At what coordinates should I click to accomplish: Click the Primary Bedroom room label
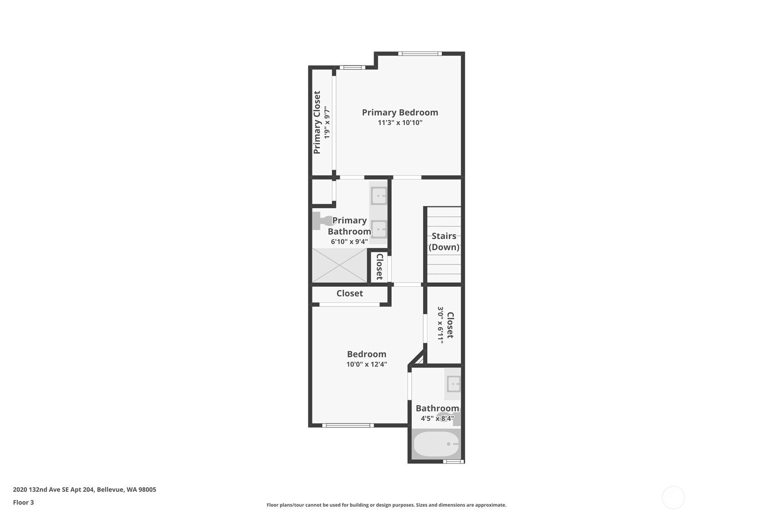pyautogui.click(x=400, y=112)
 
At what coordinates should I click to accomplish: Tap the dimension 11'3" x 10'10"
pyautogui.click(x=400, y=122)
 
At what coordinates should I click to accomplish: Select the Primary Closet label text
pyautogui.click(x=317, y=122)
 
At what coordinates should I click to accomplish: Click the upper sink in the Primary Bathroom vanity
pyautogui.click(x=379, y=196)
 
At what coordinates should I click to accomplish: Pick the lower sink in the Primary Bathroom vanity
pyautogui.click(x=379, y=229)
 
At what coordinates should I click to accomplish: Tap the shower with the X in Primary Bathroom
pyautogui.click(x=339, y=265)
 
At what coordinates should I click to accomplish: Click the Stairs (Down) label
pyautogui.click(x=444, y=241)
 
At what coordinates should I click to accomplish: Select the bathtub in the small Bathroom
pyautogui.click(x=436, y=444)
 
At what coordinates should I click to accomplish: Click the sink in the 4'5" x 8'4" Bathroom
pyautogui.click(x=453, y=384)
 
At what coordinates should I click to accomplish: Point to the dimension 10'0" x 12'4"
pyautogui.click(x=367, y=364)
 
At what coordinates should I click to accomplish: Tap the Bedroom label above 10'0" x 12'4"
pyautogui.click(x=367, y=354)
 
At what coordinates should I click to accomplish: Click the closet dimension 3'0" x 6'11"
pyautogui.click(x=440, y=325)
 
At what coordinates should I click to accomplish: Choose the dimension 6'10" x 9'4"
pyautogui.click(x=349, y=241)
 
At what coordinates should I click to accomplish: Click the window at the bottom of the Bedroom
pyautogui.click(x=348, y=425)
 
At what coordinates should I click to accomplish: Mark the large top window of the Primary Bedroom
pyautogui.click(x=420, y=53)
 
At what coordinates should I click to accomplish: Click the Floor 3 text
pyautogui.click(x=24, y=502)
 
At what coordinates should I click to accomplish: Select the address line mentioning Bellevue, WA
pyautogui.click(x=85, y=490)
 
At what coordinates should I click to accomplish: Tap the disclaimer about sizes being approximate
pyautogui.click(x=386, y=505)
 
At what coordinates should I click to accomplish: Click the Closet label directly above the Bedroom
pyautogui.click(x=349, y=293)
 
